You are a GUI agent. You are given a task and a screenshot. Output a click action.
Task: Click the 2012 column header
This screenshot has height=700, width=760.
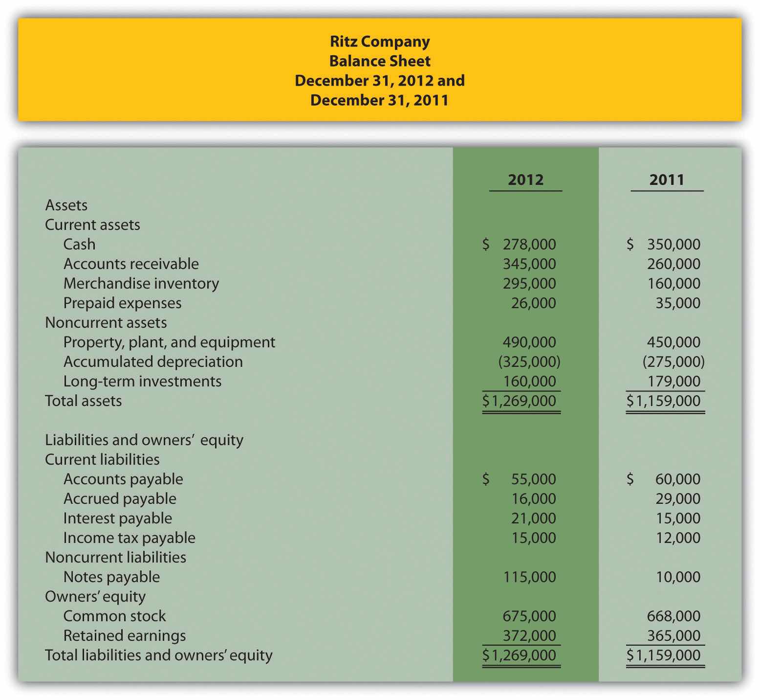[x=525, y=180]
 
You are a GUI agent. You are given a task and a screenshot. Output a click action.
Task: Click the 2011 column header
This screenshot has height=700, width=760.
[x=667, y=180]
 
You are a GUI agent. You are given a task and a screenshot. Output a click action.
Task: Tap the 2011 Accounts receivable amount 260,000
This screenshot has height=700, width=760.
[x=673, y=264]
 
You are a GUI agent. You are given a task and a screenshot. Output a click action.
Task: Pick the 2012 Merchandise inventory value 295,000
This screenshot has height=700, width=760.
[x=529, y=283]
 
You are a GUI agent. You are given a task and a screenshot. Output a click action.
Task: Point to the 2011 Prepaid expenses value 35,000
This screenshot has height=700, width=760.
[x=678, y=303]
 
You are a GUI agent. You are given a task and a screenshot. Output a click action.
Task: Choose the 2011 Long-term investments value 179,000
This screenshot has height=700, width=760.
[x=673, y=381]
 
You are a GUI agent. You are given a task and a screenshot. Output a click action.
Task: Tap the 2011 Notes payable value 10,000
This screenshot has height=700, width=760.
[x=678, y=577]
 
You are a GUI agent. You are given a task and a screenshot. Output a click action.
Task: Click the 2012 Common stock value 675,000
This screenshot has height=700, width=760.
[x=529, y=616]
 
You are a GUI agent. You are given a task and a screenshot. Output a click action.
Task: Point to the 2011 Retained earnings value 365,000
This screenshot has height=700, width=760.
[x=673, y=635]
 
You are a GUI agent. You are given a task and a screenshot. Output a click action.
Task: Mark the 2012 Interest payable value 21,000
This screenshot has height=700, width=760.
[x=533, y=518]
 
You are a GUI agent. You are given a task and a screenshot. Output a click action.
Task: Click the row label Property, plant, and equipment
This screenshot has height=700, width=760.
[x=169, y=342]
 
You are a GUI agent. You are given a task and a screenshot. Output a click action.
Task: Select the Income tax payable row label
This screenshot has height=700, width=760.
[x=129, y=538]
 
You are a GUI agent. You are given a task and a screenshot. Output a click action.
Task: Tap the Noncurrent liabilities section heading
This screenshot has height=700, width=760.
[x=115, y=557]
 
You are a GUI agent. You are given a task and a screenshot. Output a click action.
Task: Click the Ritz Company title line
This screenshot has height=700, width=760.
[x=380, y=41]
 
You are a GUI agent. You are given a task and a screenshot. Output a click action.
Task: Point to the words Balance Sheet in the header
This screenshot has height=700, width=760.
[x=380, y=61]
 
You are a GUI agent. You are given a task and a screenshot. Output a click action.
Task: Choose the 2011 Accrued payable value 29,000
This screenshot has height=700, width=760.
[x=678, y=498]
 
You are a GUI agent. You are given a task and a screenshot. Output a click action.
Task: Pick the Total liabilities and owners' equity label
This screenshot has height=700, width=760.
[x=158, y=655]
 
